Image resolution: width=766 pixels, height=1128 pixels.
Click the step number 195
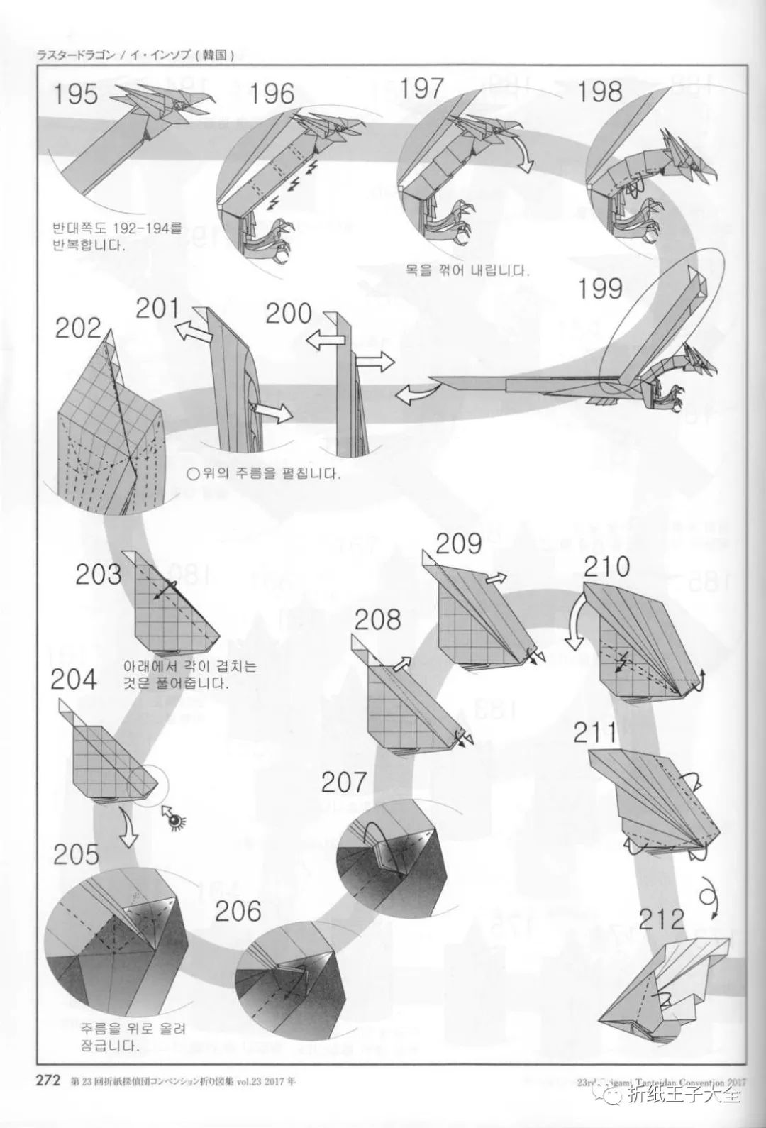point(77,94)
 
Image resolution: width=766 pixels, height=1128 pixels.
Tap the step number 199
point(599,289)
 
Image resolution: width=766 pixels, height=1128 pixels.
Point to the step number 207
point(344,783)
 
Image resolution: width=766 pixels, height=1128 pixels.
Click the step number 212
point(661,919)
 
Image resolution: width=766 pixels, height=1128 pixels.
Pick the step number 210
point(607,568)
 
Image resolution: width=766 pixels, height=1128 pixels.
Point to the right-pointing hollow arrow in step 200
point(374,363)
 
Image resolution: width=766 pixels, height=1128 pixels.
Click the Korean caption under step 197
point(467,270)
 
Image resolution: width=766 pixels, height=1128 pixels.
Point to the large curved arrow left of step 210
point(573,622)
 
